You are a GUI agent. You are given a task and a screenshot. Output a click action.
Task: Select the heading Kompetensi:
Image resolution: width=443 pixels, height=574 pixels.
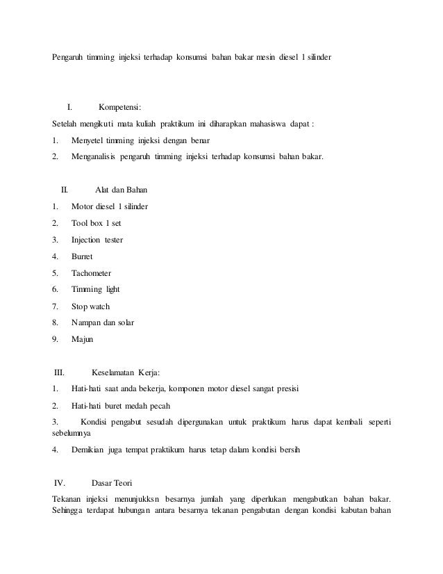point(120,107)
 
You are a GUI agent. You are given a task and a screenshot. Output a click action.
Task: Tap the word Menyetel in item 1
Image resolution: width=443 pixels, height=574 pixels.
point(86,141)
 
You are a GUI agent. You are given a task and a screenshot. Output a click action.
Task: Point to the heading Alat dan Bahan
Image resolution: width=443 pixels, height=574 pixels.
point(120,189)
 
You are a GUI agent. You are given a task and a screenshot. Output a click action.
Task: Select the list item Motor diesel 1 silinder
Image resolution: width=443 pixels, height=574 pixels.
point(110,206)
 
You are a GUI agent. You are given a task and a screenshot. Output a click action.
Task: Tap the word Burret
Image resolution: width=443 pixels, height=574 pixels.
point(82,256)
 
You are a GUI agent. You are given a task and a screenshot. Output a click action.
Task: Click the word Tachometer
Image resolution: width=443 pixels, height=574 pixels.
point(91,273)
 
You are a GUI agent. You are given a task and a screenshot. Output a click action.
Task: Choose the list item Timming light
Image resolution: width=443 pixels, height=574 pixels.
point(96,289)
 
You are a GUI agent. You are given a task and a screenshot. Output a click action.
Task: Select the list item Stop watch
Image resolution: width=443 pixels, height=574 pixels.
point(90,306)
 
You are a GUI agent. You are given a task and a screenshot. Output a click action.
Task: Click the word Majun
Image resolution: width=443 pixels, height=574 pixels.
point(82,339)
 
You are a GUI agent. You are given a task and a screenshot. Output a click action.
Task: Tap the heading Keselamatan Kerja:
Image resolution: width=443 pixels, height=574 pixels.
point(131,372)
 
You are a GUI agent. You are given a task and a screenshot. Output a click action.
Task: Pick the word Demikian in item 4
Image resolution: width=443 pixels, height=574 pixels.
point(88,450)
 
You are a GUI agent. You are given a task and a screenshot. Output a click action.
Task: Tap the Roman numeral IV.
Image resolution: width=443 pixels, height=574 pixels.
point(58,483)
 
